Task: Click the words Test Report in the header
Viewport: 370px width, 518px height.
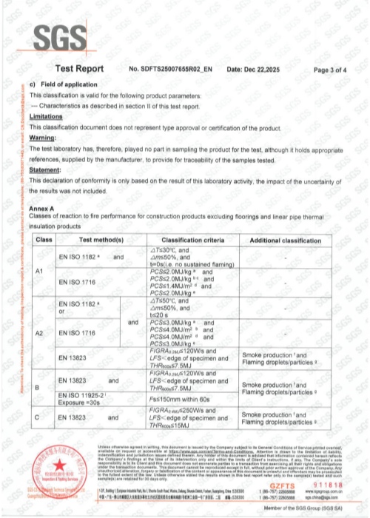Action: tap(80, 69)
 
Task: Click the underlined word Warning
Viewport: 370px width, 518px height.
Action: tap(43, 138)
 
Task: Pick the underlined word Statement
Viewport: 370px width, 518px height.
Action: tap(44, 169)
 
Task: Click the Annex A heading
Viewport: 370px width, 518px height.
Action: tap(41, 209)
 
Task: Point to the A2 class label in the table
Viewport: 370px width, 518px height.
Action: tap(41, 334)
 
